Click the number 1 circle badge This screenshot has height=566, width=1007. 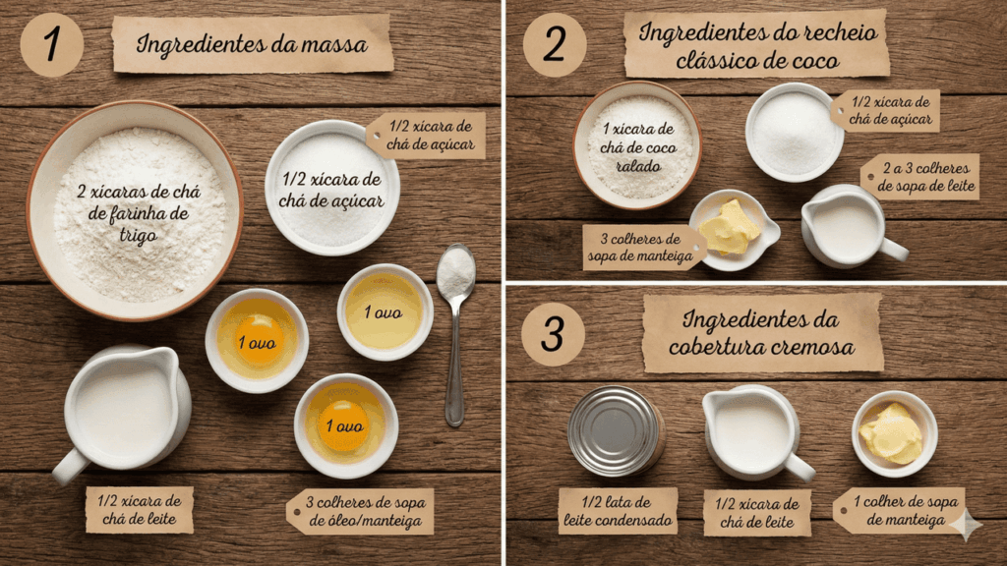point(51,45)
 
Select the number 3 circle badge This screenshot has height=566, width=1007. point(553,334)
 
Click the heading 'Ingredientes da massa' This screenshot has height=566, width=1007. point(252,44)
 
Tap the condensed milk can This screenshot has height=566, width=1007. point(616,431)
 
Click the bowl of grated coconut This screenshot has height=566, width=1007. point(637,145)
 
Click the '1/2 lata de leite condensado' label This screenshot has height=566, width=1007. point(618,511)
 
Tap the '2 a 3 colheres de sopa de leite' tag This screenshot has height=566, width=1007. point(919,177)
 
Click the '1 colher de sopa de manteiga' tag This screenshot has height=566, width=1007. point(902,511)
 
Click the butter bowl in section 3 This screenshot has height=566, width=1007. point(894,433)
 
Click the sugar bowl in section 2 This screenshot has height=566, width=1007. point(794,132)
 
